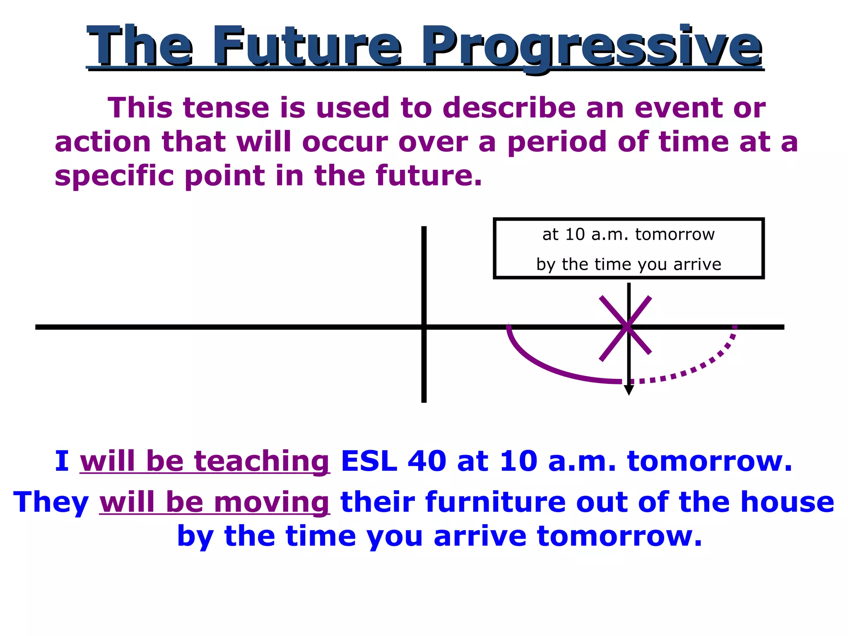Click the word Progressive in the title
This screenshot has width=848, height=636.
592,46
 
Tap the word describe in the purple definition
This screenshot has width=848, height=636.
509,108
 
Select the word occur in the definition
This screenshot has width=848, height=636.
344,142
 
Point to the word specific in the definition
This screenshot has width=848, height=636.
114,176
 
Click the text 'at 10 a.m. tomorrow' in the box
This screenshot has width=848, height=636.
628,234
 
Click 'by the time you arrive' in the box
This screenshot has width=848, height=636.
628,264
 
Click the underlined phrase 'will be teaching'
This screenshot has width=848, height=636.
205,461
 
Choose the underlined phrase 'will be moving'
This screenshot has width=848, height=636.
214,502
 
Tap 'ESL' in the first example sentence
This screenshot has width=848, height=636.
369,461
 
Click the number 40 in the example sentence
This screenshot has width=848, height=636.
427,461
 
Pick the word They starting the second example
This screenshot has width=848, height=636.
51,502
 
